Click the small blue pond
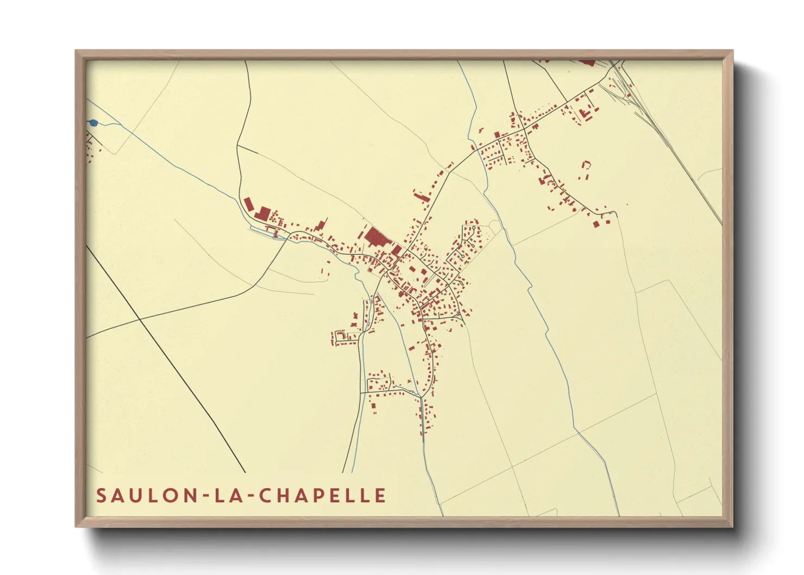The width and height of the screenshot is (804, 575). (x=93, y=123)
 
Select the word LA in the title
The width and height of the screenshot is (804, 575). (x=227, y=495)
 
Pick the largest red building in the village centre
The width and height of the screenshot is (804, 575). (x=374, y=237)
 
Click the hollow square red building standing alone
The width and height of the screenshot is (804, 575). (x=586, y=164)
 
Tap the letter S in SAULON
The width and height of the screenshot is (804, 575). (x=102, y=495)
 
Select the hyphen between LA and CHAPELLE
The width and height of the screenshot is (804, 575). (x=248, y=496)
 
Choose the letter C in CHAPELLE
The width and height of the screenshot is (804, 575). (x=265, y=495)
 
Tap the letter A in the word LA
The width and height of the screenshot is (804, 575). (x=235, y=495)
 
